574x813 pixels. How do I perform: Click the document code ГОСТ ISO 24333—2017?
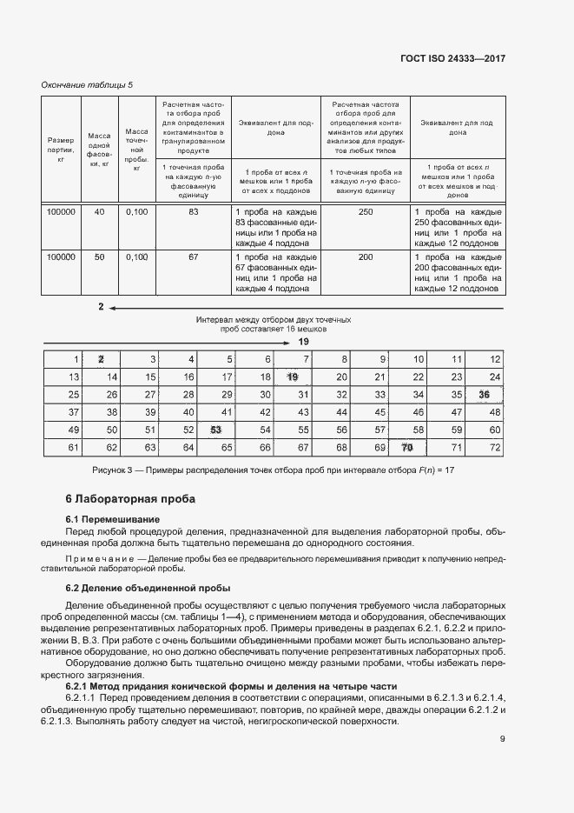pos(465,58)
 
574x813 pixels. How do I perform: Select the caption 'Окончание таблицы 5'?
pos(88,84)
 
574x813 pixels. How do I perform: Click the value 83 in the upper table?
pos(194,212)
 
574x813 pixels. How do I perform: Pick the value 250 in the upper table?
pos(366,212)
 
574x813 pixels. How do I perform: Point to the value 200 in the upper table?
pos(366,257)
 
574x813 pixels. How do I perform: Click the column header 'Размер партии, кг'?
pos(62,150)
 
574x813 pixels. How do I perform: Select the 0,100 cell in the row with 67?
pos(136,257)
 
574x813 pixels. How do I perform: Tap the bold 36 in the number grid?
pos(484,394)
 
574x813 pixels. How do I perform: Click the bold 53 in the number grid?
pos(216,430)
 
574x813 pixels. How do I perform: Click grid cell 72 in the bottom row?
pos(496,448)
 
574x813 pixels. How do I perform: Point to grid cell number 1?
pos(76,359)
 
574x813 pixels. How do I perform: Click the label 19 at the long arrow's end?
pos(303,342)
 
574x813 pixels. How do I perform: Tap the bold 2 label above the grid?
pos(101,307)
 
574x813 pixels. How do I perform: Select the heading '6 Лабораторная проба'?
pos(131,499)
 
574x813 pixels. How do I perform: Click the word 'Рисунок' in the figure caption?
pos(110,470)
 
